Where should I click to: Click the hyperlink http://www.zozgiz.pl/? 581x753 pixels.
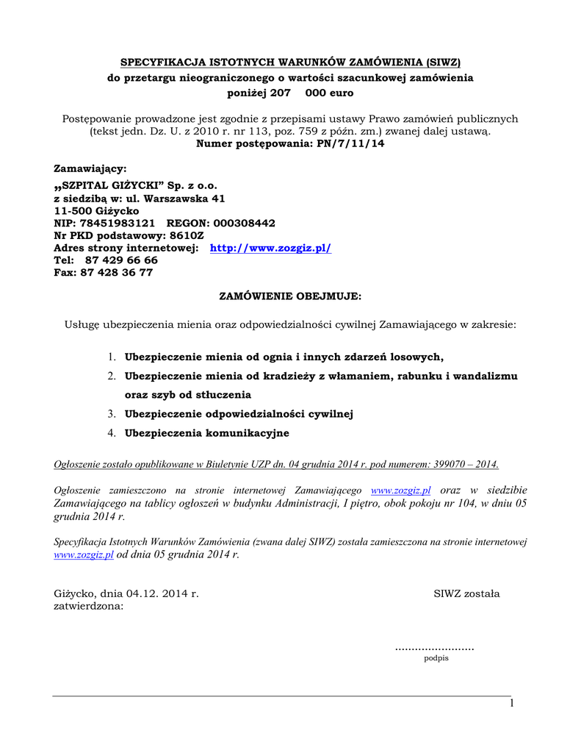pyautogui.click(x=270, y=248)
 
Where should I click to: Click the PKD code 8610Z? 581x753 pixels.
pyautogui.click(x=187, y=235)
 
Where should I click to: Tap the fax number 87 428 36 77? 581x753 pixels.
pyautogui.click(x=118, y=272)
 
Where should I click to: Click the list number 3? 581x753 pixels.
pyautogui.click(x=112, y=414)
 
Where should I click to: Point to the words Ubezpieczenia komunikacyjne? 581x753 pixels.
pyautogui.click(x=206, y=433)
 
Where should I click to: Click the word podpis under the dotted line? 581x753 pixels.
pyautogui.click(x=436, y=658)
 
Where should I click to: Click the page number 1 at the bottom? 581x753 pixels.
pyautogui.click(x=512, y=705)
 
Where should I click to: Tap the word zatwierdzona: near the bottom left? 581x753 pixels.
pyautogui.click(x=89, y=607)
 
